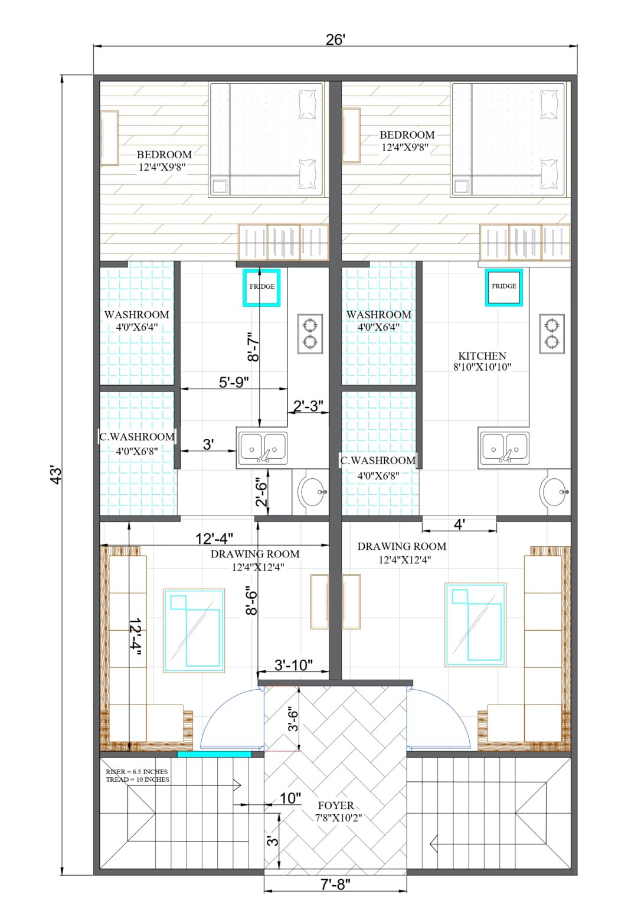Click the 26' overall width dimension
(x=335, y=40)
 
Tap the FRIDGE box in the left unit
(x=261, y=287)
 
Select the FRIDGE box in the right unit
(x=504, y=286)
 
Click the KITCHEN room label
(x=482, y=356)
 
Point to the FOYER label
(x=336, y=805)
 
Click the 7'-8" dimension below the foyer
(x=335, y=884)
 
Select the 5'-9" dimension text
(x=234, y=382)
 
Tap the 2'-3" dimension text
(x=308, y=406)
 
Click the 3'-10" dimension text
(x=293, y=665)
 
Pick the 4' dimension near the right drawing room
(x=459, y=524)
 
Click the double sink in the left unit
(x=263, y=447)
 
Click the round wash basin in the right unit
(x=554, y=491)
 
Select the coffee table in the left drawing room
(x=194, y=630)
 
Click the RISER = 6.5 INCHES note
(x=136, y=772)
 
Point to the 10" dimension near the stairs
(x=290, y=798)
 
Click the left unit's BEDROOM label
(x=164, y=155)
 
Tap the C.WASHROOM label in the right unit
(x=378, y=461)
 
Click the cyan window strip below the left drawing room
(x=214, y=754)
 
